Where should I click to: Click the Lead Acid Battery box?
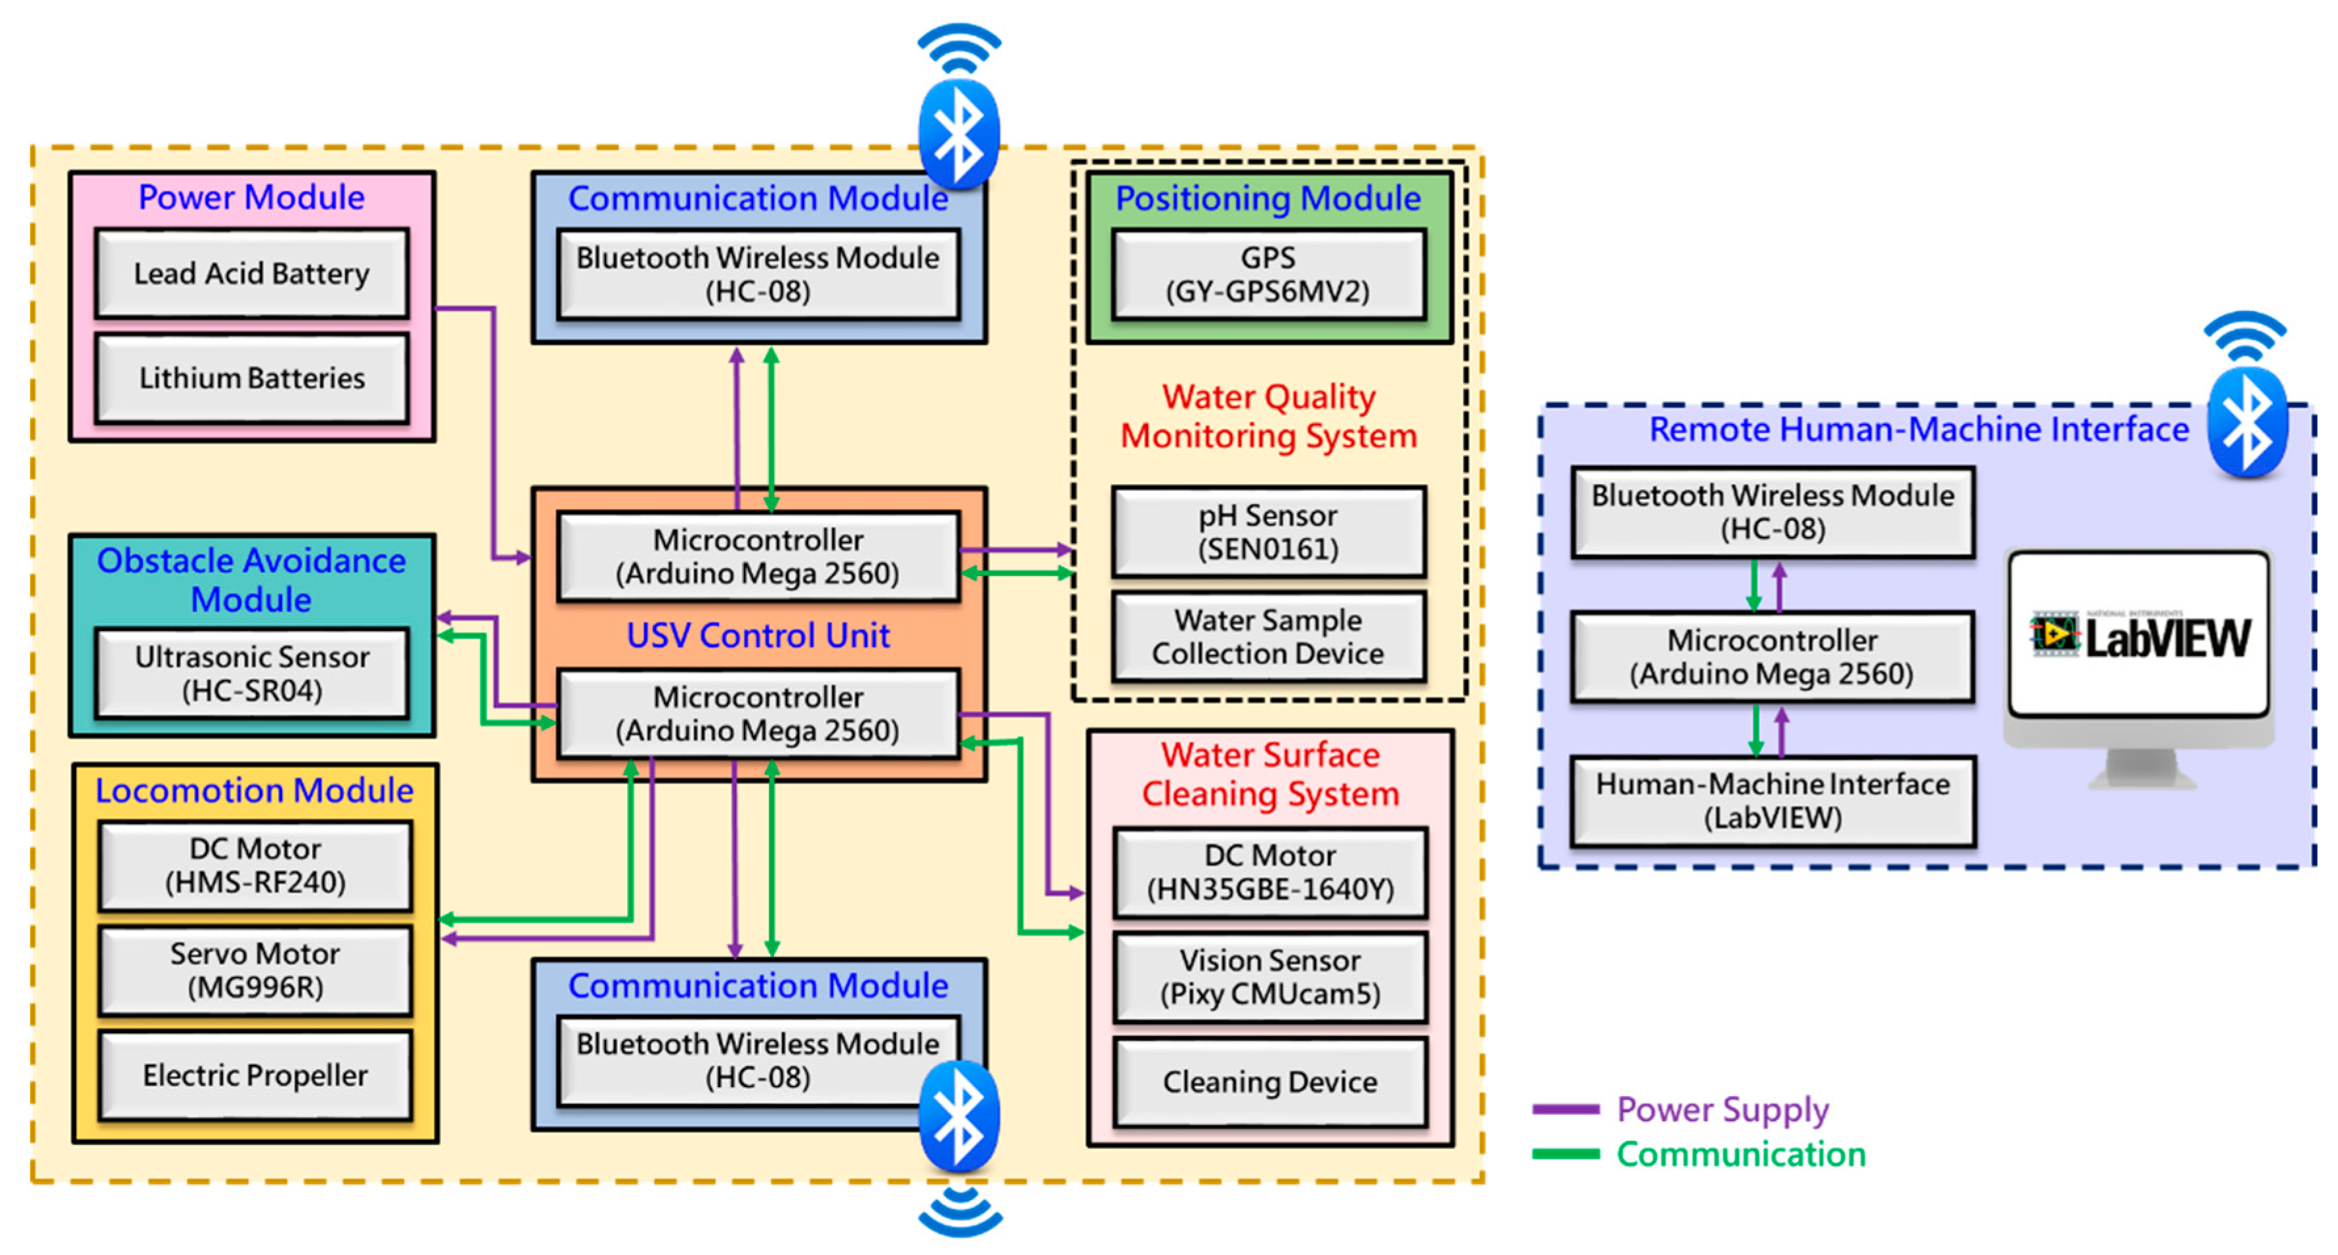(x=251, y=273)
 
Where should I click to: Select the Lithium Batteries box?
(x=251, y=377)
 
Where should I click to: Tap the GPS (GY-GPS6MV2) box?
(x=1268, y=274)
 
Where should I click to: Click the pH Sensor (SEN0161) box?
(x=1268, y=532)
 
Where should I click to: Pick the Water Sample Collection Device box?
(x=1268, y=637)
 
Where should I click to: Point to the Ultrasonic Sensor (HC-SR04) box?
(x=251, y=673)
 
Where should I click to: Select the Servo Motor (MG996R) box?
(x=255, y=970)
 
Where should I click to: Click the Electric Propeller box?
(x=255, y=1075)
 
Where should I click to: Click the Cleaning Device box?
(x=1270, y=1082)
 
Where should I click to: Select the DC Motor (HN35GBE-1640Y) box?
(x=1270, y=872)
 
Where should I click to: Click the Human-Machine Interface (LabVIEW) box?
(x=1773, y=801)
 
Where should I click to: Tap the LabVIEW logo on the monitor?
(x=2140, y=637)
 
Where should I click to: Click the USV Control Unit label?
(x=758, y=635)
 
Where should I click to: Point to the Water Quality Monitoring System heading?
(x=1268, y=417)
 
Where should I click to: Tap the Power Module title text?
(x=251, y=197)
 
